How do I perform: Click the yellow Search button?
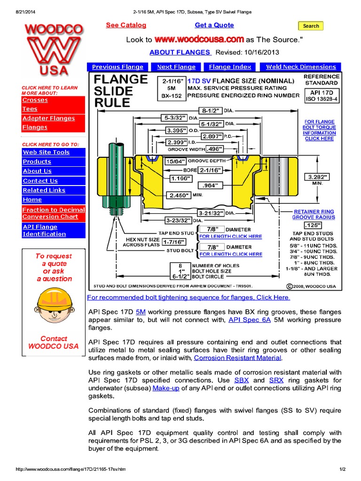311,26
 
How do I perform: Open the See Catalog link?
126,25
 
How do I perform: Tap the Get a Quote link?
214,25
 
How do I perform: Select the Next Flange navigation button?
176,67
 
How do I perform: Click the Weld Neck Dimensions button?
301,67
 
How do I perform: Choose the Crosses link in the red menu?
35,100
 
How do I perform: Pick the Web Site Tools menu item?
46,152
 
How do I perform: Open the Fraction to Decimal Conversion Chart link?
54,213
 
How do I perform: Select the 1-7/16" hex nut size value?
173,242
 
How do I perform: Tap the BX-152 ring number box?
172,96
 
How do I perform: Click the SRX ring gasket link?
276,380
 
